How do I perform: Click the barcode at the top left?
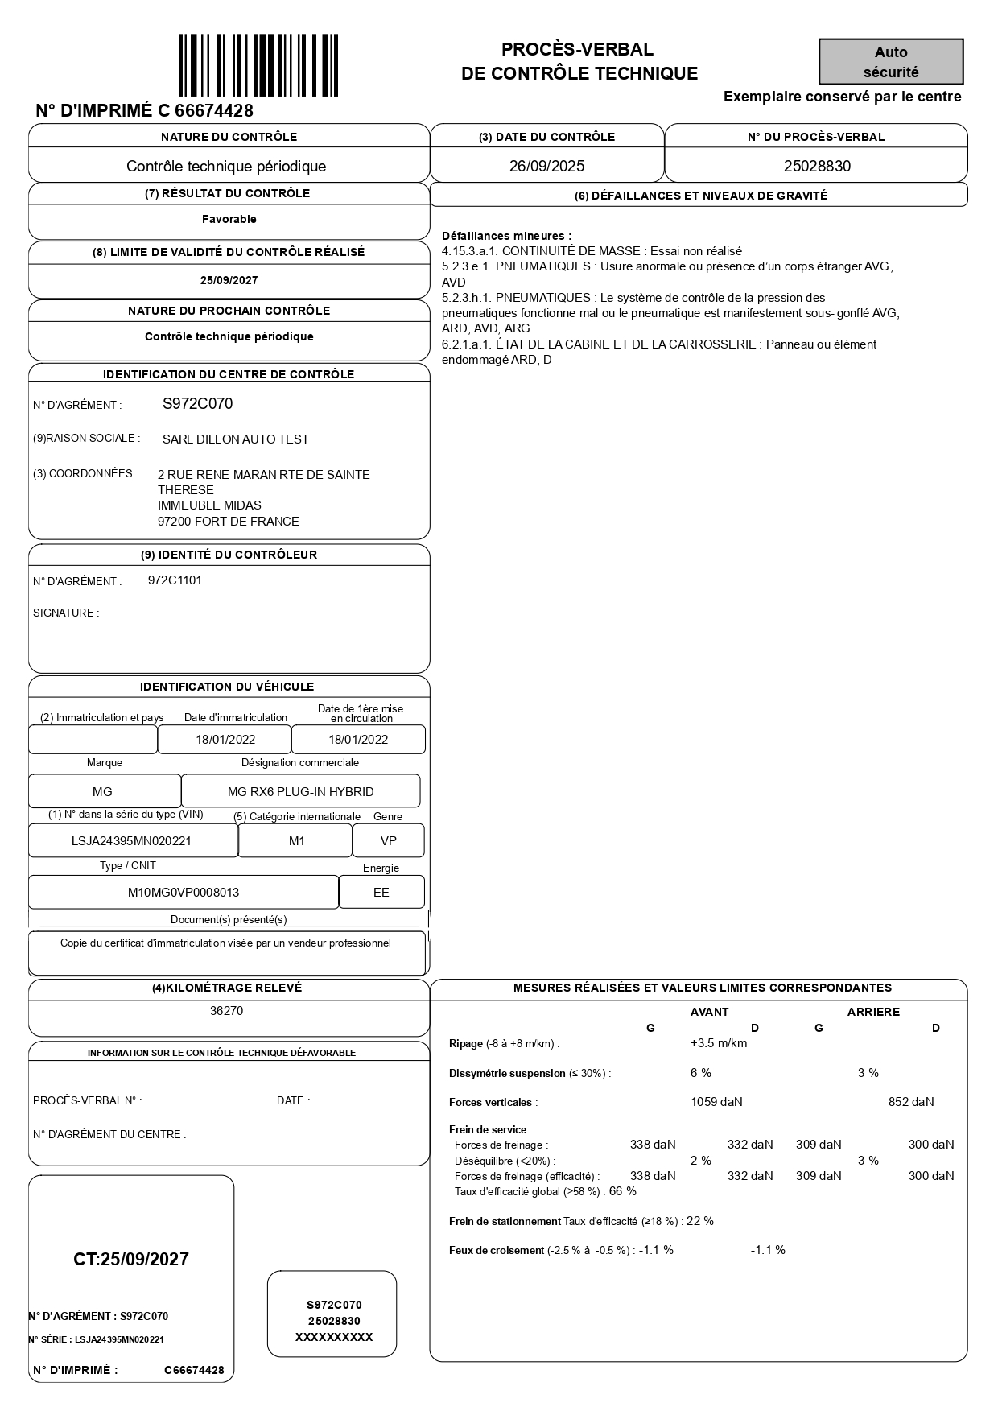point(258,65)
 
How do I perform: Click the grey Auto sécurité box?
point(891,62)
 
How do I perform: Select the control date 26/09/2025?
point(546,167)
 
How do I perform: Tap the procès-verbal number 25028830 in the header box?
point(817,167)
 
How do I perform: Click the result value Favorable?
point(229,219)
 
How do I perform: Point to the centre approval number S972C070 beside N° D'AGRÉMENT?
point(198,404)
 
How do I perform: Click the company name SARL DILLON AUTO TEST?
point(236,439)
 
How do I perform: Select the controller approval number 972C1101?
point(175,580)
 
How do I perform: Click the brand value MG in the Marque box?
point(103,792)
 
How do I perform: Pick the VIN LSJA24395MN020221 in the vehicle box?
point(132,841)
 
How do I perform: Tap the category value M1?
point(297,841)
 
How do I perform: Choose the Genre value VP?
point(389,841)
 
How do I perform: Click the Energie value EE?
point(381,893)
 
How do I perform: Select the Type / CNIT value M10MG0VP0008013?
point(184,893)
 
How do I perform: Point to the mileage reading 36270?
point(226,1011)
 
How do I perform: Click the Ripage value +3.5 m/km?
point(719,1043)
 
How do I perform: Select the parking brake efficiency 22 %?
point(700,1221)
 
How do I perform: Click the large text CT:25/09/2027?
point(131,1260)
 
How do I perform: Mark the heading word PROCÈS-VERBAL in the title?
point(578,50)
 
